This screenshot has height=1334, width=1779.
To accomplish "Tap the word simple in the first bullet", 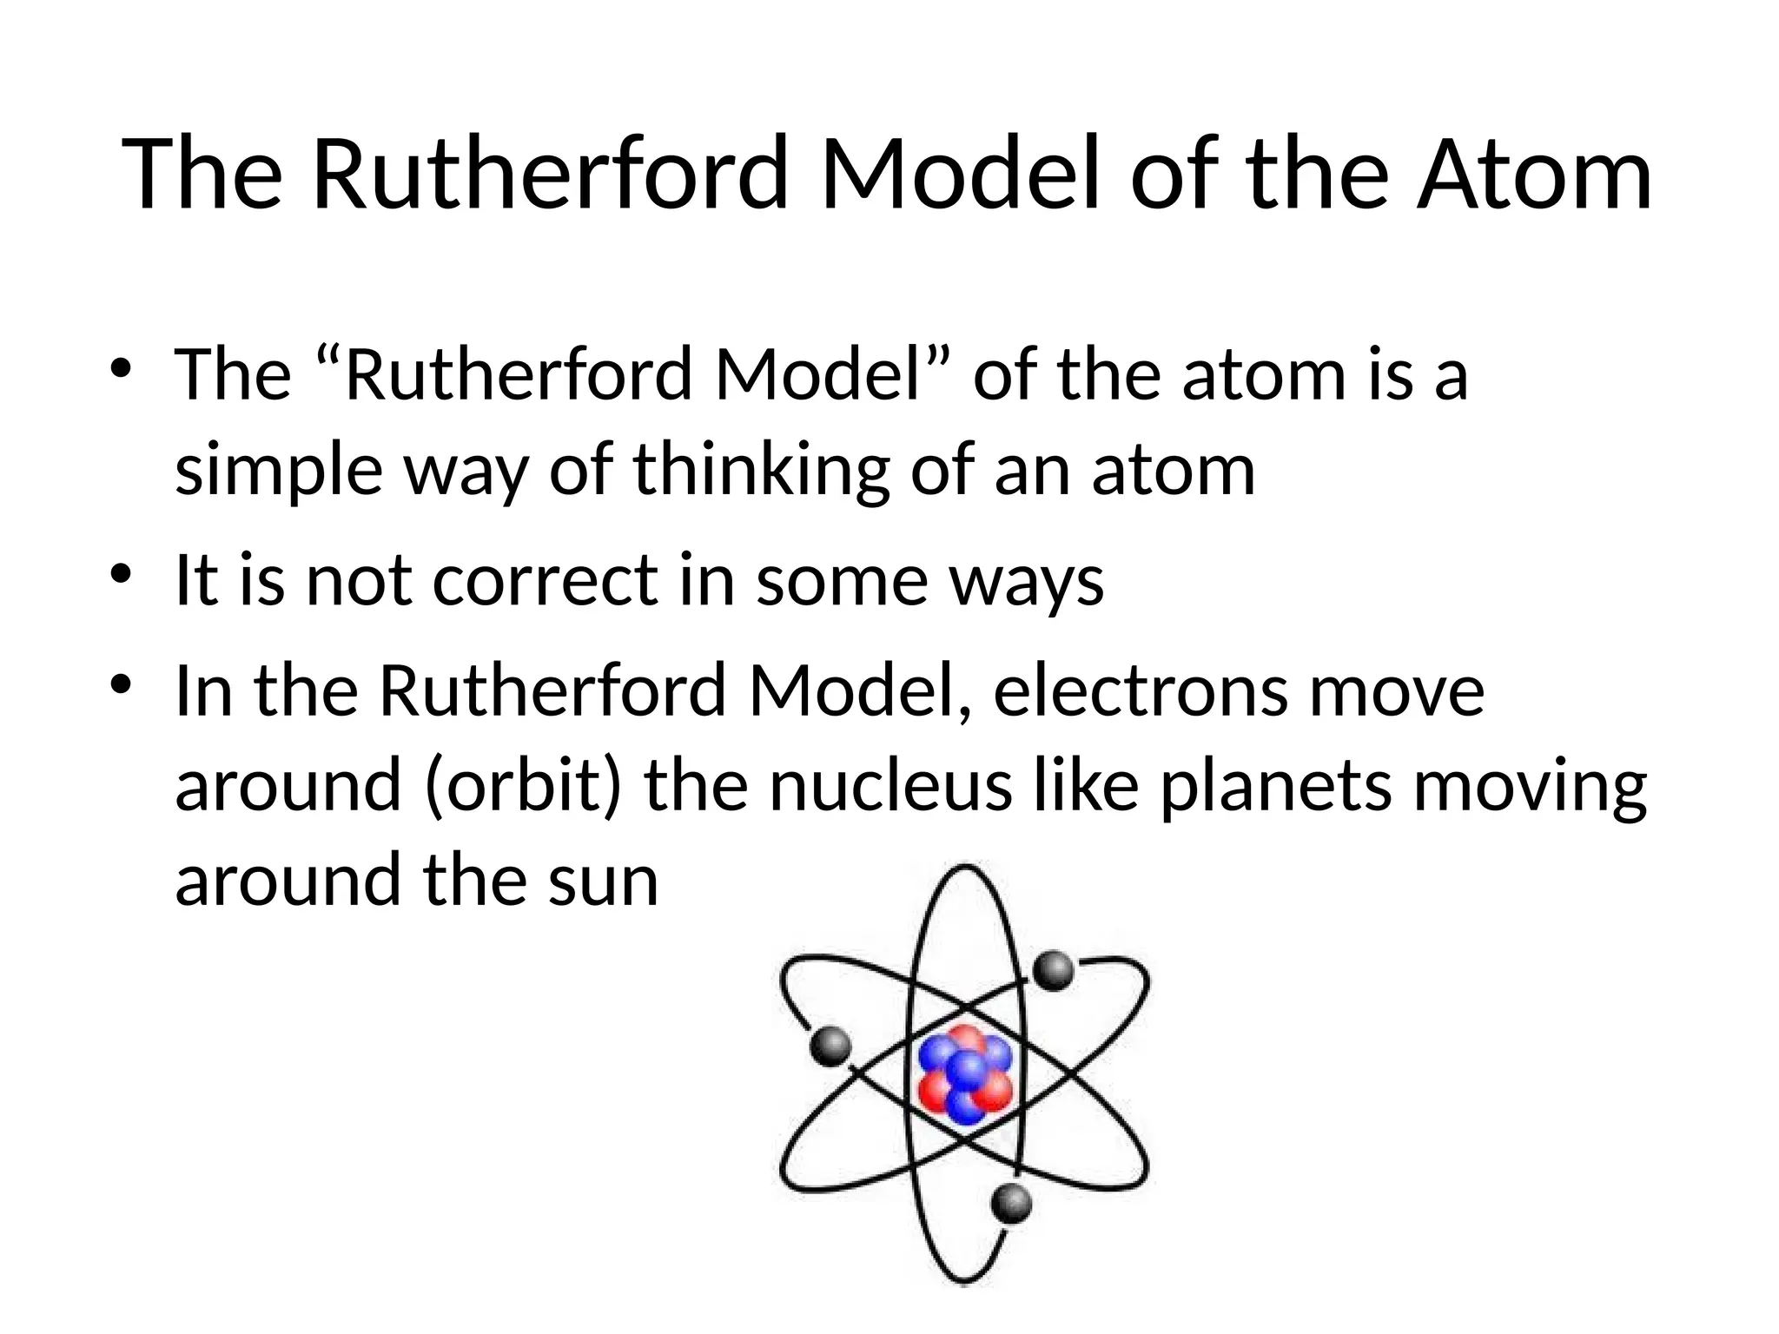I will tap(279, 471).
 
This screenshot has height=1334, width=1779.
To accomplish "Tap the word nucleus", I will tap(890, 784).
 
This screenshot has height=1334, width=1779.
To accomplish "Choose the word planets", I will tap(1276, 786).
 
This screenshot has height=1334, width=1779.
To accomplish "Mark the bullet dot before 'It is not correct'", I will tap(121, 575).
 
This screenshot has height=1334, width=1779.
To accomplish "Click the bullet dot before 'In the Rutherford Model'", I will tap(121, 685).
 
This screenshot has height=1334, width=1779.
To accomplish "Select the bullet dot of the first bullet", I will tap(121, 368).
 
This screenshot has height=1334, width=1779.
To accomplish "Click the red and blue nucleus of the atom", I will tap(965, 1074).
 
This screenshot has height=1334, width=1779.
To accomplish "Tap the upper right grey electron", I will tap(1055, 970).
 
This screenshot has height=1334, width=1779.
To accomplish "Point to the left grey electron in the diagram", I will tap(830, 1046).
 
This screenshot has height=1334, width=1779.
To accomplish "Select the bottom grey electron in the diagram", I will tap(1012, 1203).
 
